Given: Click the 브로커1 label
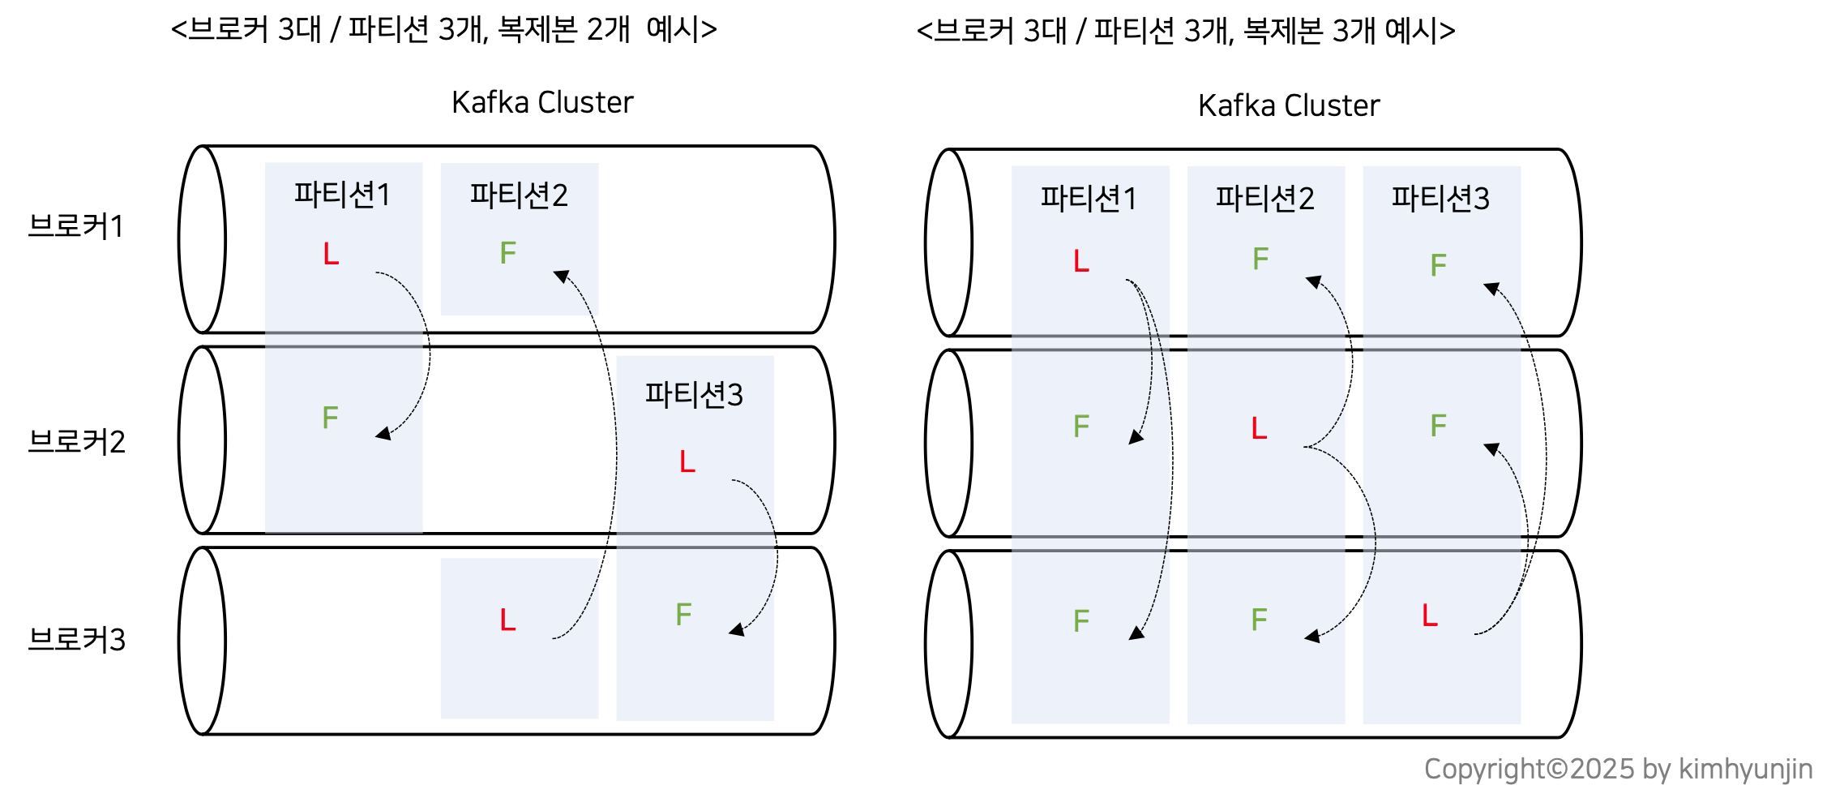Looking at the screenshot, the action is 76,226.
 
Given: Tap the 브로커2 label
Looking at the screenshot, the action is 76,442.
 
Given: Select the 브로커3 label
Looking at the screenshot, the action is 76,640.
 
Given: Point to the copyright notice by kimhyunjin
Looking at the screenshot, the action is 1618,769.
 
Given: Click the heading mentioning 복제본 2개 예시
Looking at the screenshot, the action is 444,30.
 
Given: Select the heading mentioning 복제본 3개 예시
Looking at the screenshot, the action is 1186,32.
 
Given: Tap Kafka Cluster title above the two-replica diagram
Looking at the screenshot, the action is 542,102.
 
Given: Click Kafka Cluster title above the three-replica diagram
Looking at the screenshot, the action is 1289,105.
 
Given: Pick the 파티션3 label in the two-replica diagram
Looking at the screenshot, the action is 694,395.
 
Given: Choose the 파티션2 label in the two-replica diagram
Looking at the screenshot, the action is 519,195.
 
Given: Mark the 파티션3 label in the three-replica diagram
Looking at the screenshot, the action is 1440,199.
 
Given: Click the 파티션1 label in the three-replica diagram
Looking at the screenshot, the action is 1089,199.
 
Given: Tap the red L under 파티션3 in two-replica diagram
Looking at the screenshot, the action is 687,461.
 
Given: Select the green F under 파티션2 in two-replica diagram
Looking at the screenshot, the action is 508,253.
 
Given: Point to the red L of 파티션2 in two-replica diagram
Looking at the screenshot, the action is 507,620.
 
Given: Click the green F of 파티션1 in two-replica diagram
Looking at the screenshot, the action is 330,418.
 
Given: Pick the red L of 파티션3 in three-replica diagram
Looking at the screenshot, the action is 1430,615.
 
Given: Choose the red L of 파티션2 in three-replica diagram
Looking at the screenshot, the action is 1259,427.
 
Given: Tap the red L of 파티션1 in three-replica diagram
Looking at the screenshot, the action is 1081,261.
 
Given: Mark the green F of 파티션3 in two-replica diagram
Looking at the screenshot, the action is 684,615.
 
